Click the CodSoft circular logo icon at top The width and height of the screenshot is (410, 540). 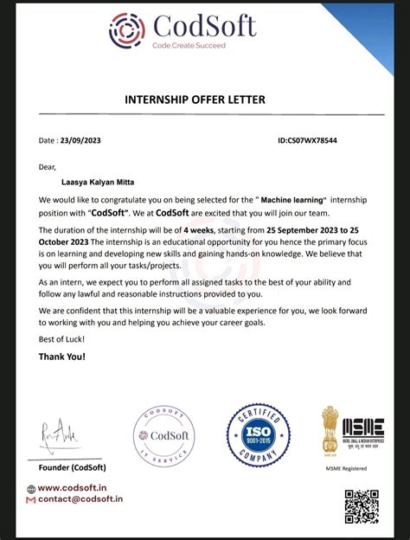point(126,29)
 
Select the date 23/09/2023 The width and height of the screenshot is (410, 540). point(82,139)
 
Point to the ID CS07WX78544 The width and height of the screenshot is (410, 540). point(307,139)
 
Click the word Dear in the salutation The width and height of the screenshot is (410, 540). point(48,166)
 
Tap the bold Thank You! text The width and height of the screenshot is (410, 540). point(62,357)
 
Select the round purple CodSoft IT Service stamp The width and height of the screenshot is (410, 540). point(164,437)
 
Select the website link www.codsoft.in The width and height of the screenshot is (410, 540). point(79,487)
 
